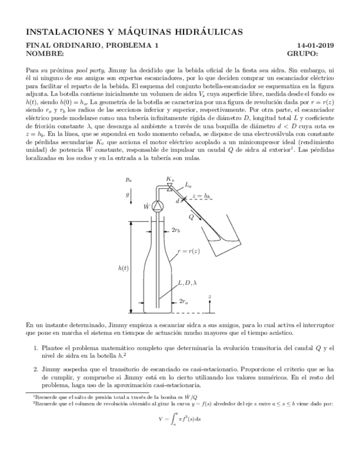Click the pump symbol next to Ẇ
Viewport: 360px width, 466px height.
(x=158, y=206)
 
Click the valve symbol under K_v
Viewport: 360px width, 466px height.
(x=169, y=187)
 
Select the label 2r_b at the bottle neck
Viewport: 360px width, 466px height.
(x=176, y=230)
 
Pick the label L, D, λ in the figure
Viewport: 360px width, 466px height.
(x=187, y=283)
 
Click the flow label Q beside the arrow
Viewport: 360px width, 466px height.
(x=191, y=217)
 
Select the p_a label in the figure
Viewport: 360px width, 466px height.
(x=128, y=179)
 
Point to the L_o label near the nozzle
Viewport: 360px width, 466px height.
(x=188, y=186)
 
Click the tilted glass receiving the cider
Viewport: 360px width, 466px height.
(x=225, y=228)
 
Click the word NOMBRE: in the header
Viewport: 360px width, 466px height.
(x=45, y=54)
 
